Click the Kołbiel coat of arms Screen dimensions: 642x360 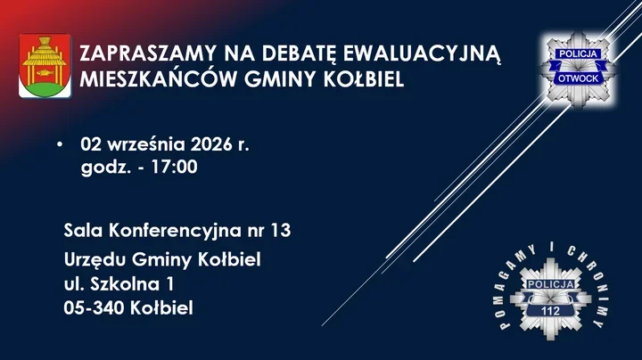point(45,66)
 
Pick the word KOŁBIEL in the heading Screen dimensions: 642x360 point(364,79)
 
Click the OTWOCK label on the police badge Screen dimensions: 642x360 point(578,78)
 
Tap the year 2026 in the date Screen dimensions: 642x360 point(211,144)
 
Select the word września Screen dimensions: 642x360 point(145,144)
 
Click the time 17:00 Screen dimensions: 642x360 point(175,167)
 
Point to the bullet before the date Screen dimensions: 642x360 point(61,144)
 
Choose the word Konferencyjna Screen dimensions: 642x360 point(176,231)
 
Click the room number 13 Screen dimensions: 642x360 point(281,231)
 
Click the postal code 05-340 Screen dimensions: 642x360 point(94,308)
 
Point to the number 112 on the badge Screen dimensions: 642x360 point(550,311)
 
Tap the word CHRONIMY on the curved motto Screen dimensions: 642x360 point(590,282)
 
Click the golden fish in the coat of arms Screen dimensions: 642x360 point(45,73)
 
